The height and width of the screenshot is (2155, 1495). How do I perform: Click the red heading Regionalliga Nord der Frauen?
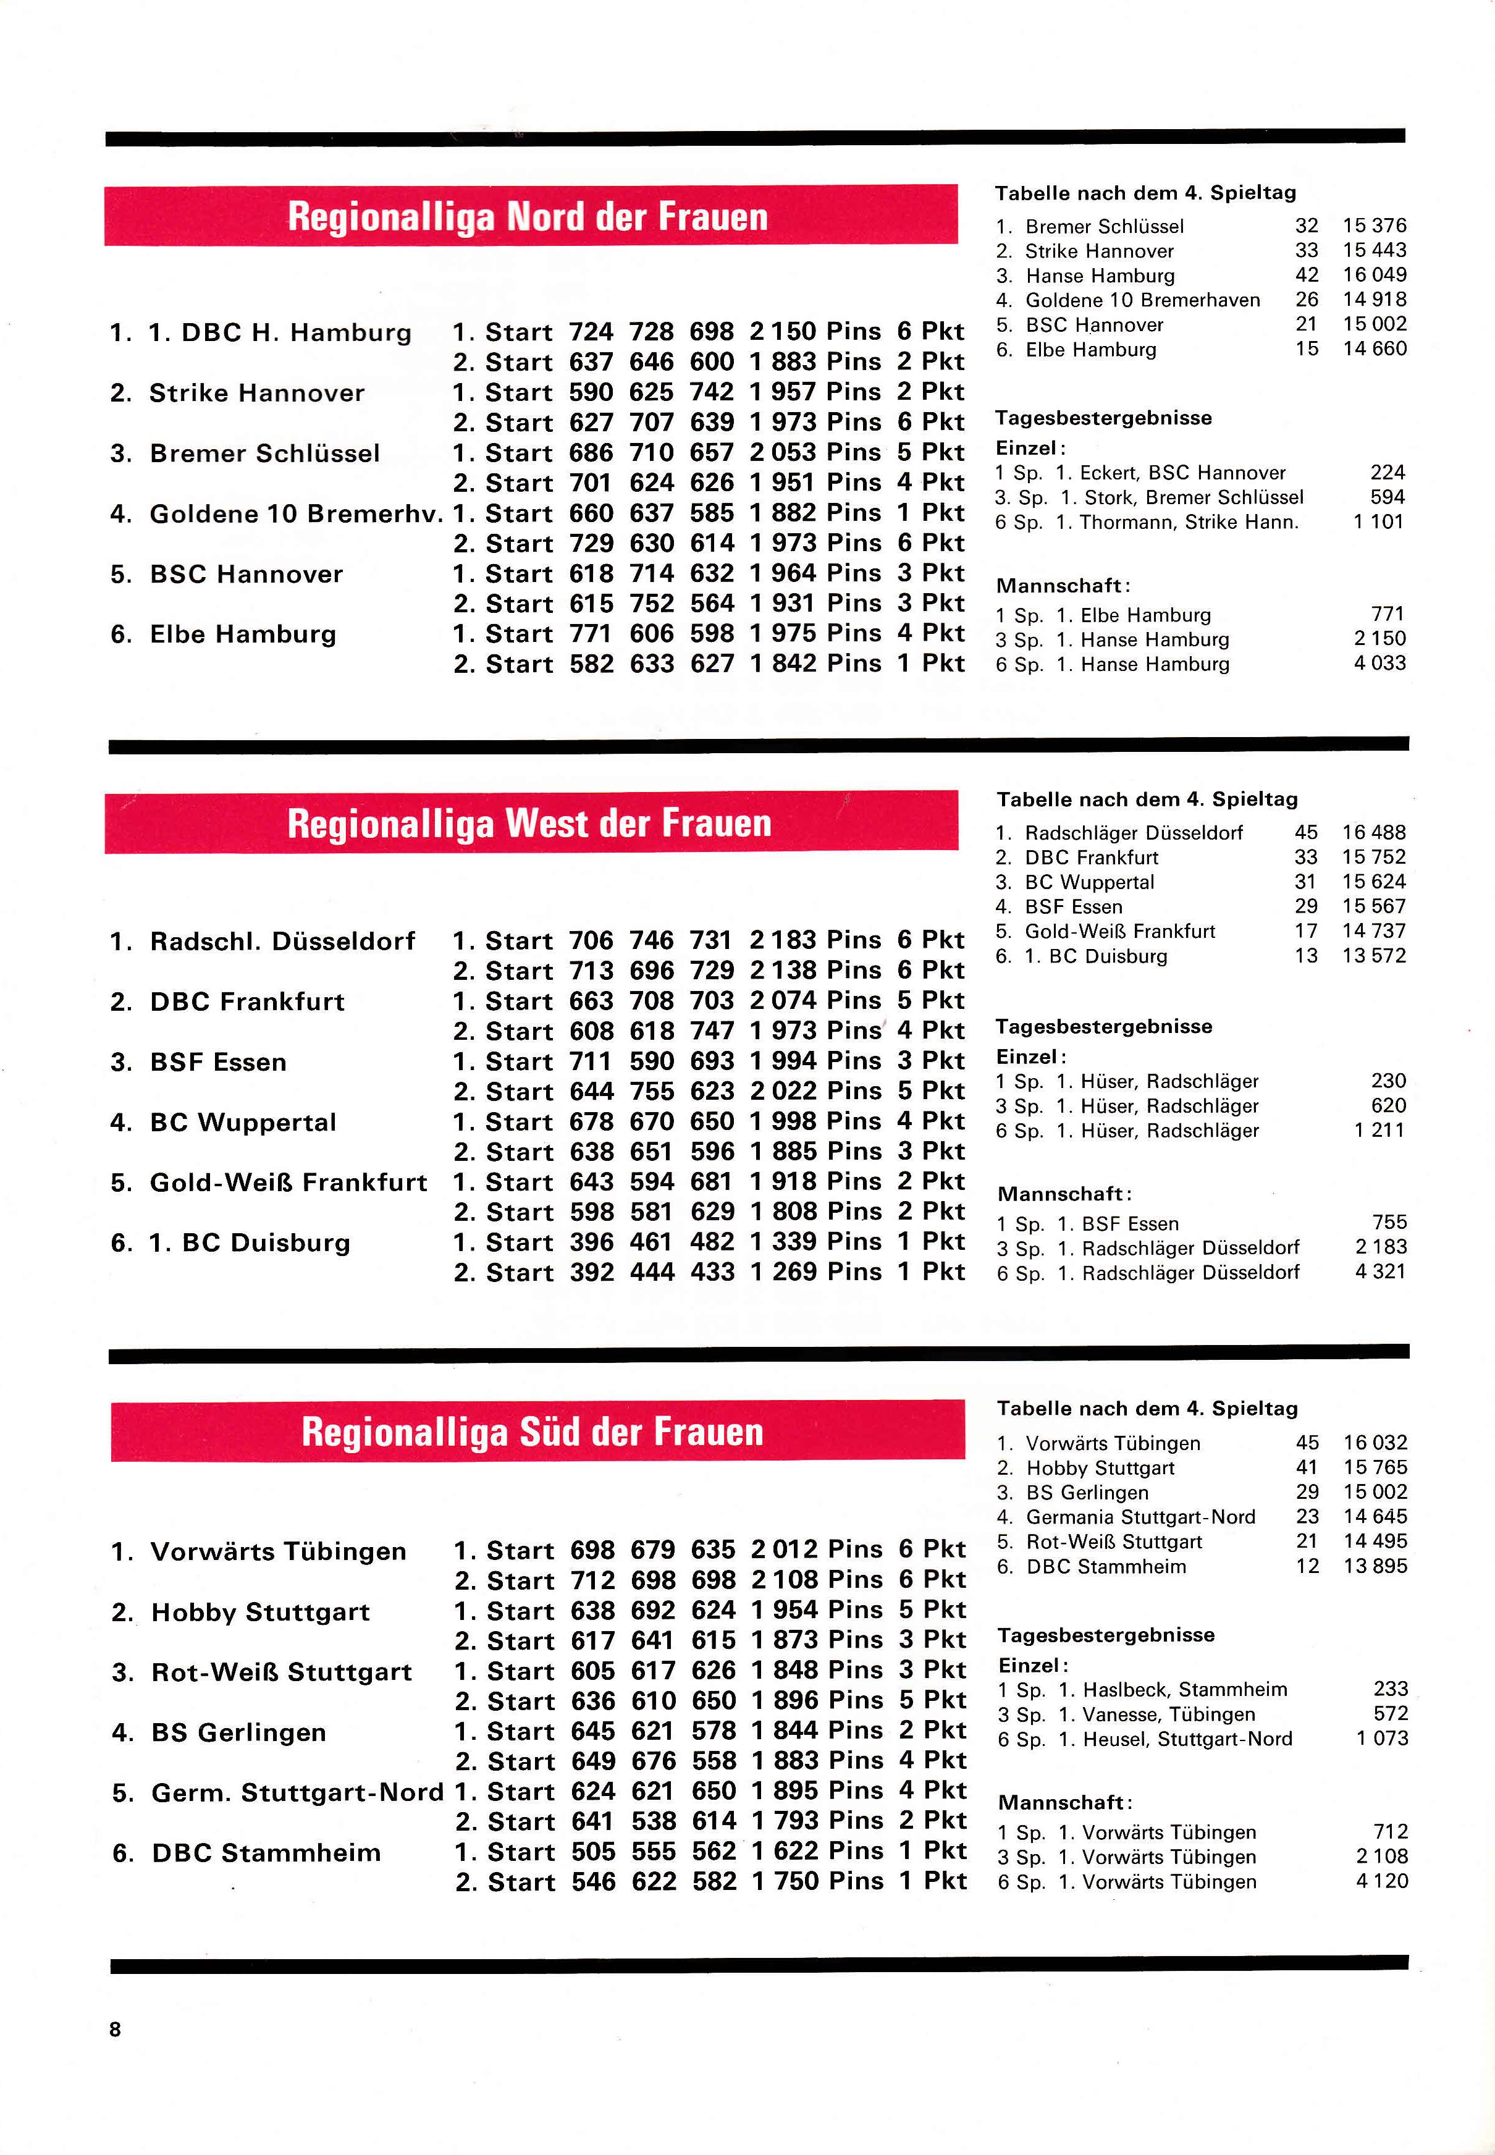[x=528, y=216]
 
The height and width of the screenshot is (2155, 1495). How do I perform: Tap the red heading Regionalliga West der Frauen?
[x=529, y=823]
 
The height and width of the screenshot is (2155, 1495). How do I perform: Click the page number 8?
[x=116, y=2028]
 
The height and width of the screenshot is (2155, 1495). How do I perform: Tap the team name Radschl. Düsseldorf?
[x=282, y=940]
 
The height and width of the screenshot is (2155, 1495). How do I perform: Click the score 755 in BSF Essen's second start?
[x=651, y=1091]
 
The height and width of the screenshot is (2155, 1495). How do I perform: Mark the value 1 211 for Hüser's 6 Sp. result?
[x=1379, y=1131]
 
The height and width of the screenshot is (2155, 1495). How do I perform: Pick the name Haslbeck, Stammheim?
[x=1185, y=1690]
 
